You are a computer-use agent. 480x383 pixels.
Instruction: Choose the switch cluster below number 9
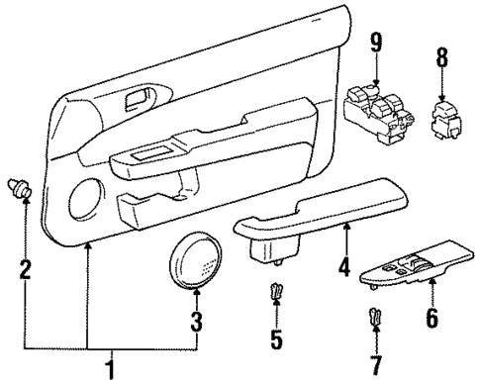375,111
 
